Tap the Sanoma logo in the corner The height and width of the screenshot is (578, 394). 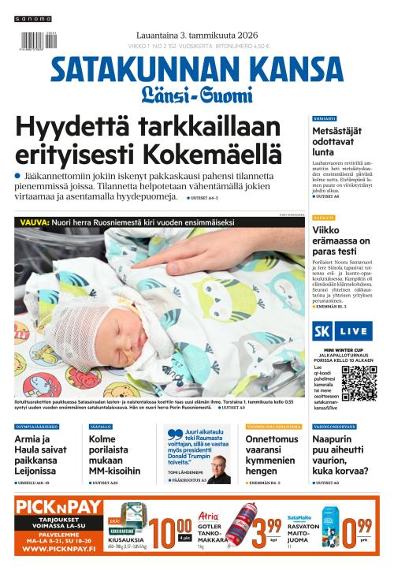click(34, 18)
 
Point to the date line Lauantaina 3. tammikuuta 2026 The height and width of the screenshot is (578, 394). click(196, 33)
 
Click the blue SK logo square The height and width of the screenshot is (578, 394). click(321, 331)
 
